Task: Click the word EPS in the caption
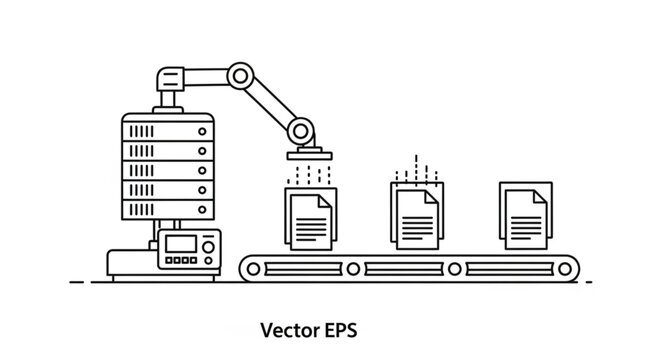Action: [334, 327]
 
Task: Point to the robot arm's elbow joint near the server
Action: [239, 74]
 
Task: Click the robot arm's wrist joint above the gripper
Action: [298, 130]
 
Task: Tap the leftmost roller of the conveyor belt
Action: [251, 268]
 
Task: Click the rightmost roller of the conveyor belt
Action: [567, 268]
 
